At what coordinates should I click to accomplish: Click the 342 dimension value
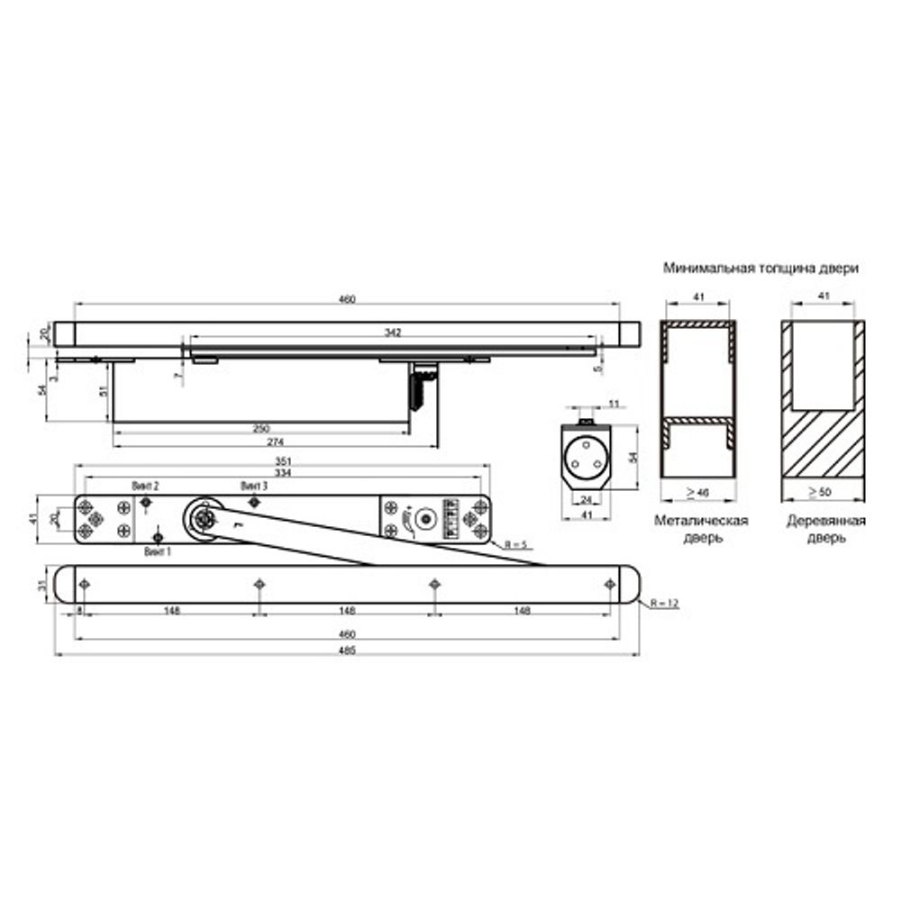(x=392, y=332)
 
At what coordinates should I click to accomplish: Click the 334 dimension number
(x=282, y=473)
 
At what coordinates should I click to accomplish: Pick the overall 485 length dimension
(x=347, y=651)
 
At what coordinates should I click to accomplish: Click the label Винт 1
(x=157, y=550)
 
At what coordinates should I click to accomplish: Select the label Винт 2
(x=145, y=485)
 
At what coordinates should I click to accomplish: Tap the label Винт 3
(x=254, y=485)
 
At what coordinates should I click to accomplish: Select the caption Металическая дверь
(x=702, y=529)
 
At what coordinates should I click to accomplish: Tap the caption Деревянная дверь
(x=825, y=529)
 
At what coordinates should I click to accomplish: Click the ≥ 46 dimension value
(x=696, y=494)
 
